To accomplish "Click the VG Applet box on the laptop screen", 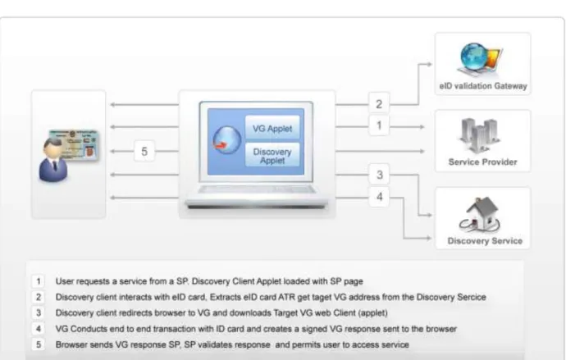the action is point(272,127).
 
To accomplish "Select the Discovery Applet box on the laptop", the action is point(272,155).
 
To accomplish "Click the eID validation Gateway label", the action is point(483,86).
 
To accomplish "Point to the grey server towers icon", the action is point(479,135).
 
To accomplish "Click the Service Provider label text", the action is point(482,162).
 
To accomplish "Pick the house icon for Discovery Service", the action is point(480,214).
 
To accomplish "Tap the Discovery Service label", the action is point(485,240).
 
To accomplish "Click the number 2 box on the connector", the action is point(379,104).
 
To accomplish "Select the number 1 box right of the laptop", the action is point(379,125).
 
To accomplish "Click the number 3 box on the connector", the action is point(379,175).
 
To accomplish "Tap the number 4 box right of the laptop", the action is point(379,197).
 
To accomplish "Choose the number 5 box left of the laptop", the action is point(144,151).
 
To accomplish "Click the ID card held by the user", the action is point(74,144).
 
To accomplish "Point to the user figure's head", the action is point(53,148).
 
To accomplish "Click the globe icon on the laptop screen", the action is point(227,140).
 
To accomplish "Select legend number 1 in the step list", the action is point(39,281).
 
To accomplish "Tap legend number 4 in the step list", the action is point(39,329).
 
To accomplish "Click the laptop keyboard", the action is point(256,189).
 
